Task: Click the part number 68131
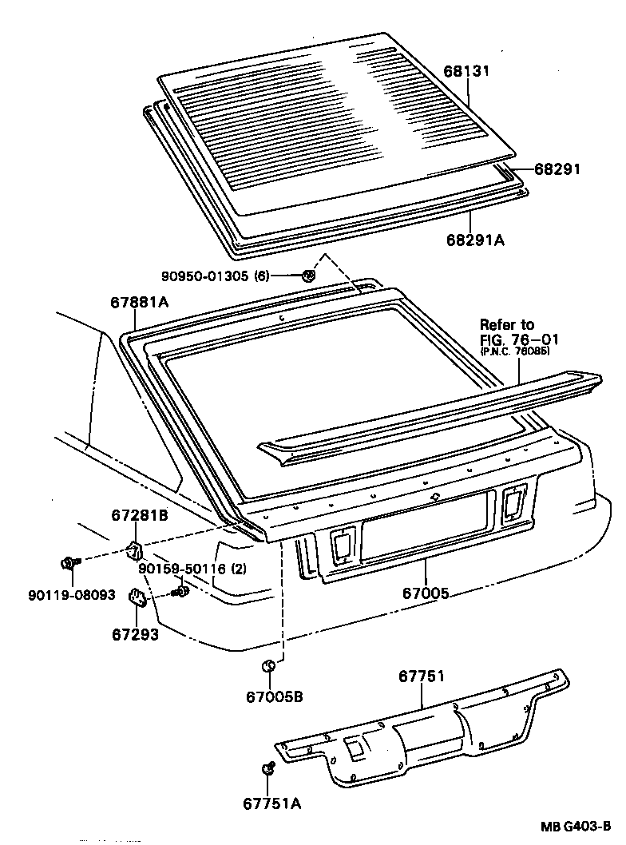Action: tap(467, 71)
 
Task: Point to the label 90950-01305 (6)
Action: tap(215, 276)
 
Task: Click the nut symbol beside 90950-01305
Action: tap(308, 276)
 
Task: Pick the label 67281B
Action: tap(140, 516)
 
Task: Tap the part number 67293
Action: tap(135, 635)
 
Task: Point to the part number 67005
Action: tap(425, 593)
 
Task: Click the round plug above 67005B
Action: tap(270, 665)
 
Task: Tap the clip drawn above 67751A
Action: tap(268, 768)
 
